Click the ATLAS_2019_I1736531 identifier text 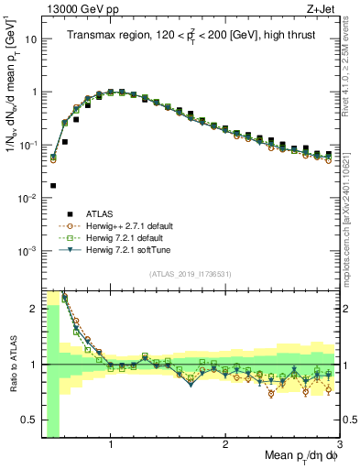coord(191,274)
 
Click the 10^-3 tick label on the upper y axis coord(29,251)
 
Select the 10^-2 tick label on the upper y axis coord(29,198)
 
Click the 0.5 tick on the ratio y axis coord(30,421)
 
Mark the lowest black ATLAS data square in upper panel coord(53,185)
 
